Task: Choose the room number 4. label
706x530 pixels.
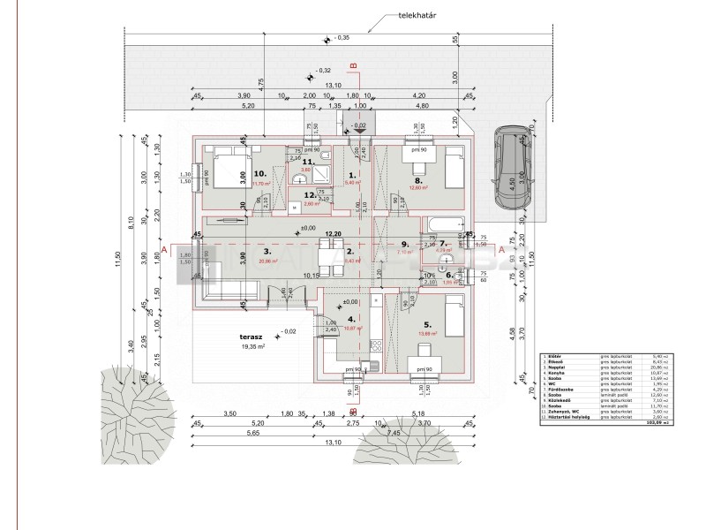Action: pos(351,319)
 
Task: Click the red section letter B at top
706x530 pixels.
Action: pos(353,64)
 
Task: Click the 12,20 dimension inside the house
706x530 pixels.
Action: pos(332,235)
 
